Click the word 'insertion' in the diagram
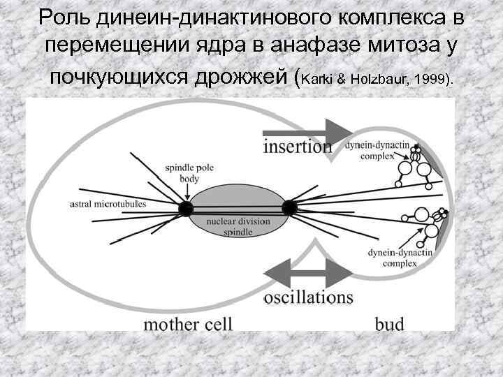(298, 147)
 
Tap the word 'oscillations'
(308, 297)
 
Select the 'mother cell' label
(187, 323)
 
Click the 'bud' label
(390, 323)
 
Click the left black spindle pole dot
(185, 208)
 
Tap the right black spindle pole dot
(289, 207)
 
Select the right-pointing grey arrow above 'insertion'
(307, 131)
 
